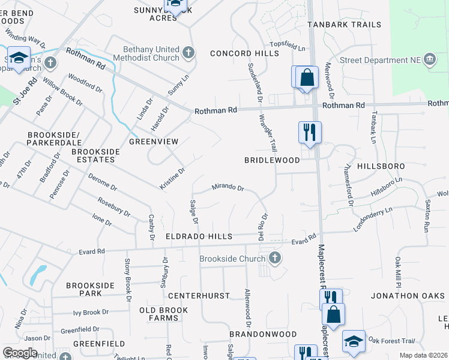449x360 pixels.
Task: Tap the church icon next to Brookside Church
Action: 275,259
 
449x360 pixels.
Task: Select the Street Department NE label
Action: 380,60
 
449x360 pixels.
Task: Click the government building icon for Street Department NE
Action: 429,59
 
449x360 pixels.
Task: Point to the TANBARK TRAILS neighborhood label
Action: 344,25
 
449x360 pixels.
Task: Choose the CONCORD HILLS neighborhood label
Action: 245,53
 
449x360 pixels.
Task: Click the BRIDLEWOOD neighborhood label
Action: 272,161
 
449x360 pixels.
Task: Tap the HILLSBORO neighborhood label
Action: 381,166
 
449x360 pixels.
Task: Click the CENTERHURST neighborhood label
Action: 199,296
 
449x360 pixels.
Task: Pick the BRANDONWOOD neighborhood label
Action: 263,334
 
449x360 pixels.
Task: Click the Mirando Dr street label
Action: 228,188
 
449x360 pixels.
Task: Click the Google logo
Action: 20,353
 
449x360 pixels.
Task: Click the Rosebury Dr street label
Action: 114,206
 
